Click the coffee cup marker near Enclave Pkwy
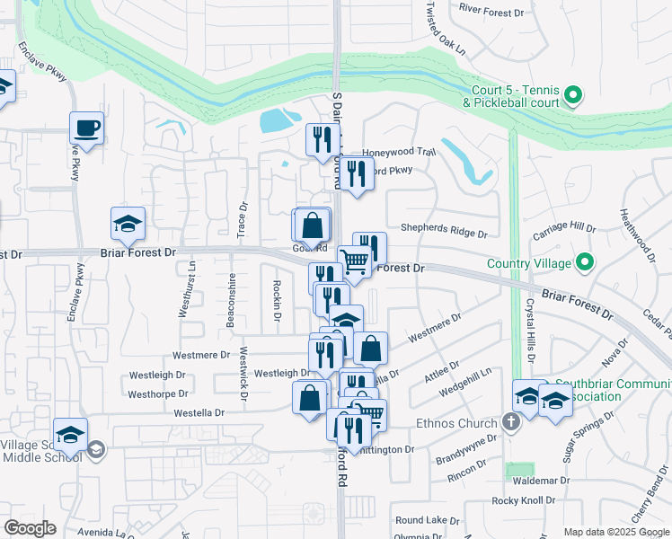[x=87, y=128]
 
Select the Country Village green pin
[x=585, y=263]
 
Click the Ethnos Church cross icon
[x=511, y=423]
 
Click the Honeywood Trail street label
[x=399, y=153]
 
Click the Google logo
[x=31, y=528]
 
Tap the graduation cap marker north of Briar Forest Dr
[x=128, y=225]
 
